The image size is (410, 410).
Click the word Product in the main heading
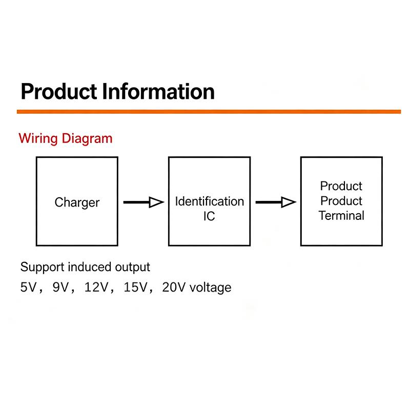point(59,92)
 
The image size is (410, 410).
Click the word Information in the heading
point(158,92)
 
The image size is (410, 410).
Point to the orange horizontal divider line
point(209,112)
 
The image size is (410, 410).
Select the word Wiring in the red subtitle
point(38,138)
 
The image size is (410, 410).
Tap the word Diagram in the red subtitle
point(87,138)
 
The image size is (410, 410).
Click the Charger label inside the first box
point(77,202)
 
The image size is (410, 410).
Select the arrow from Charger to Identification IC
point(143,202)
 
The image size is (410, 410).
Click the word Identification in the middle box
point(210,201)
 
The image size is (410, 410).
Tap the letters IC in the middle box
point(209,216)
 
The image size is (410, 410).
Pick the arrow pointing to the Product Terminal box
point(276,202)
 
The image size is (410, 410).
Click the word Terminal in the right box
point(341,216)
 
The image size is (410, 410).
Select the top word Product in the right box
point(341,186)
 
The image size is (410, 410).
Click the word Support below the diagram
point(43,268)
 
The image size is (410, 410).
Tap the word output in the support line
point(133,268)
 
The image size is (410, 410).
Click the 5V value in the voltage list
point(28,287)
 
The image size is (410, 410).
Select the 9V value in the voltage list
point(60,287)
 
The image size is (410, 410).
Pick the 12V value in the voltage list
point(96,287)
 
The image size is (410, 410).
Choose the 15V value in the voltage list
point(135,287)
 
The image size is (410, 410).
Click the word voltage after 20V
point(211,288)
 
